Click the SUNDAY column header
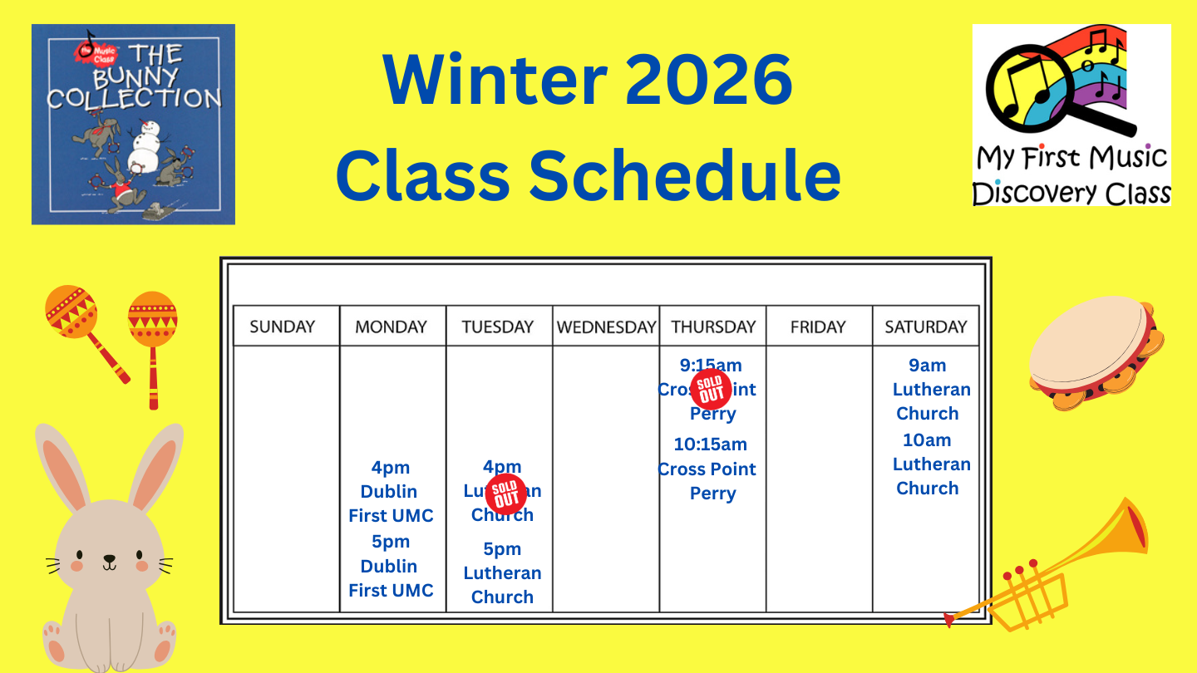[283, 327]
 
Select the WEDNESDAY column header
[606, 327]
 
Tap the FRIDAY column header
[818, 327]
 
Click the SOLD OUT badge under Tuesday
[505, 494]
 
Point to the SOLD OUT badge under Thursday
[711, 389]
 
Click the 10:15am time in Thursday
[710, 445]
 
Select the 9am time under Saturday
[927, 366]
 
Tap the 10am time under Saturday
[927, 440]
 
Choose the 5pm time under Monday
[391, 542]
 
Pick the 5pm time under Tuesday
[502, 549]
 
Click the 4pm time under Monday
[391, 468]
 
